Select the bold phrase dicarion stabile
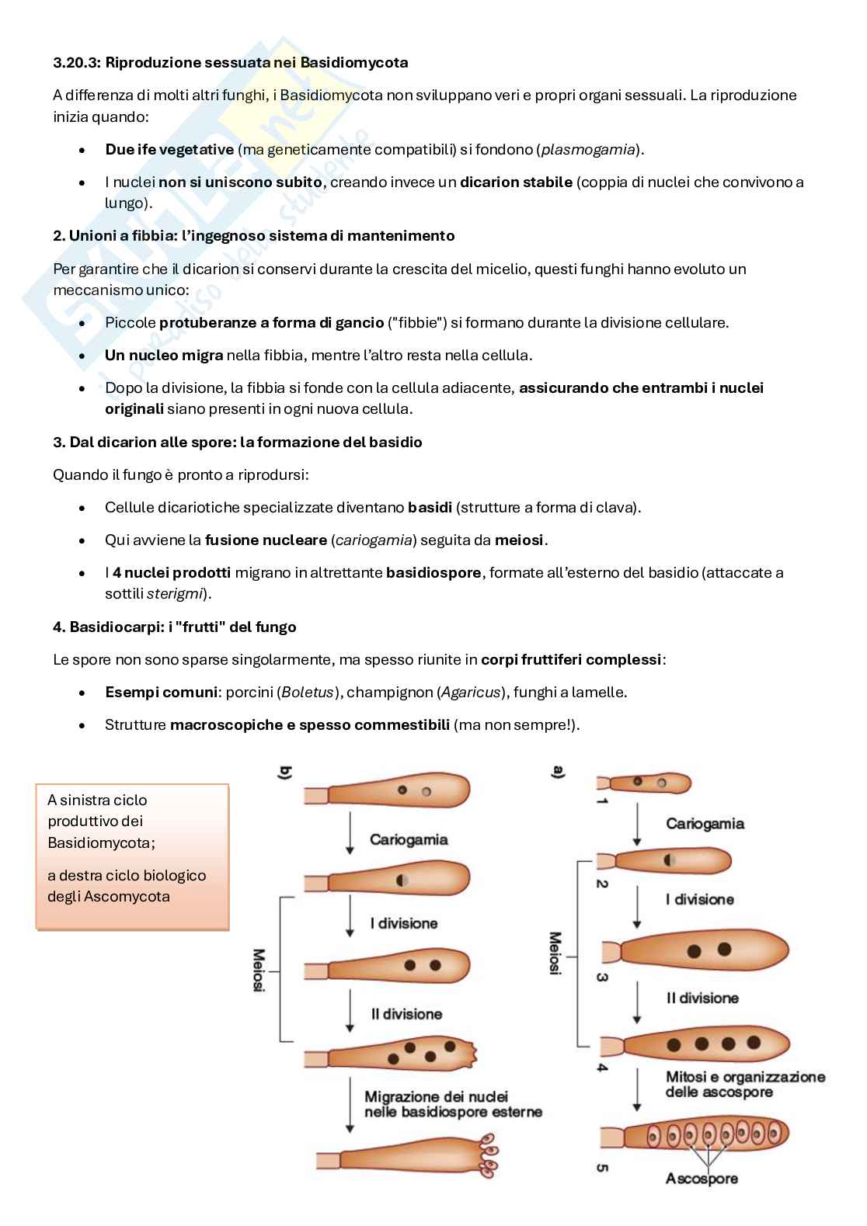pyautogui.click(x=516, y=182)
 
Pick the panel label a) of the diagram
pyautogui.click(x=558, y=773)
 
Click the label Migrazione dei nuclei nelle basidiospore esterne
pyautogui.click(x=453, y=1104)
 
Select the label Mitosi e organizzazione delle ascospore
pyautogui.click(x=745, y=1084)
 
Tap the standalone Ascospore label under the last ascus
pyautogui.click(x=702, y=1179)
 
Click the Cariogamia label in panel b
pyautogui.click(x=408, y=839)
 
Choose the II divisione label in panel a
pyautogui.click(x=702, y=999)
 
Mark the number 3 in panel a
pyautogui.click(x=601, y=977)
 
